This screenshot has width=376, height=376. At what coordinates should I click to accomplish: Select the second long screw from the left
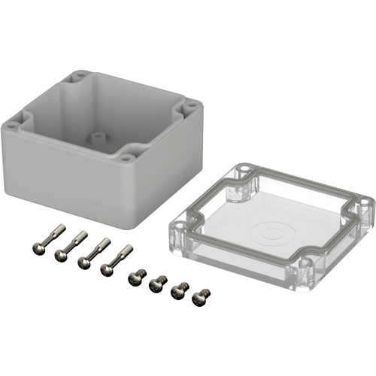[x=68, y=245]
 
